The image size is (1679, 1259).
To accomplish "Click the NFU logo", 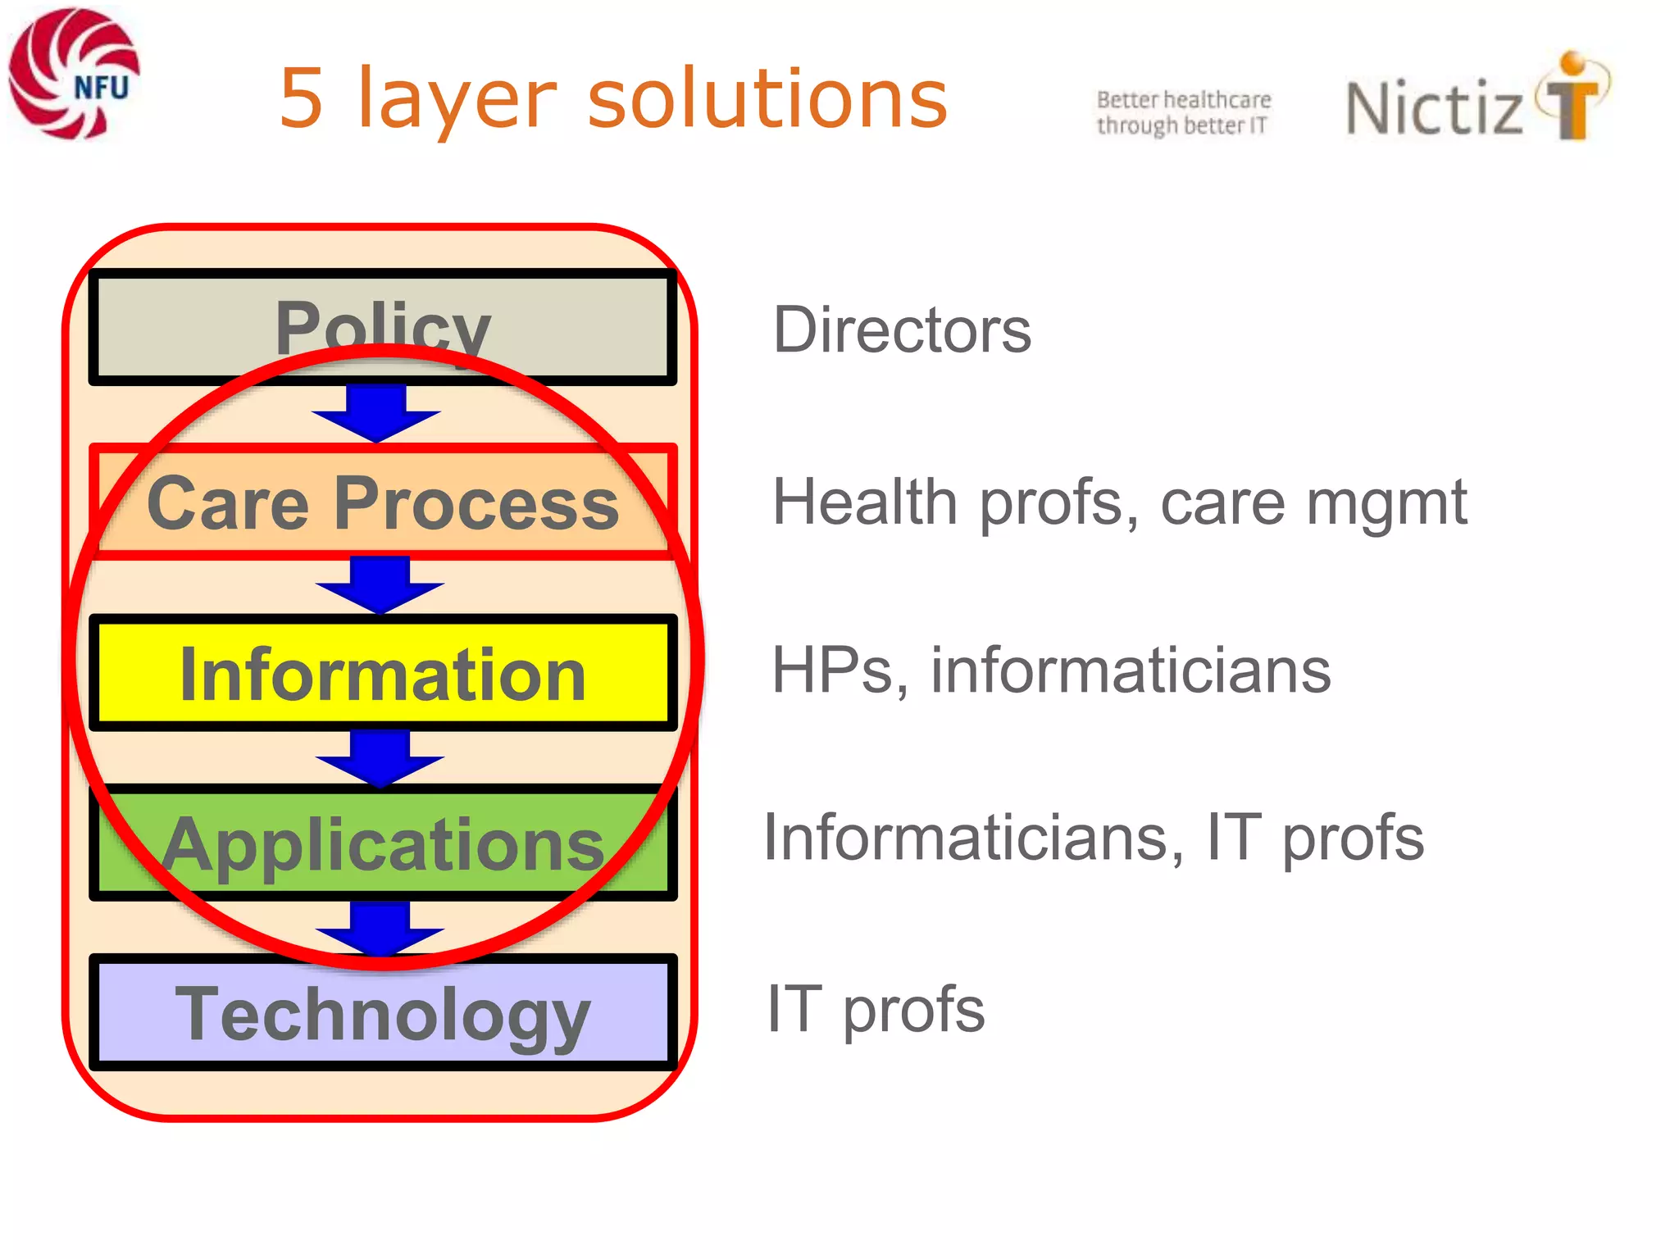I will click(74, 74).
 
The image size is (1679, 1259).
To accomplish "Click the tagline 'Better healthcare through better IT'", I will click(1183, 112).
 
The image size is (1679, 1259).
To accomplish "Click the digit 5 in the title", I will click(301, 98).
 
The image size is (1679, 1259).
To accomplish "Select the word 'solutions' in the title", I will click(767, 98).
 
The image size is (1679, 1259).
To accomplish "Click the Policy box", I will click(382, 326).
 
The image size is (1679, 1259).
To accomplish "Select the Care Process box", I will click(382, 502).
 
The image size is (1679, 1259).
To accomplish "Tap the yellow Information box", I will click(382, 673).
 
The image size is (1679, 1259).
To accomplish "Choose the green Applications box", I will click(382, 843).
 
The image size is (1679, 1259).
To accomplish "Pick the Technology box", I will click(382, 1013).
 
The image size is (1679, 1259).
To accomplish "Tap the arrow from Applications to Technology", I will click(380, 928).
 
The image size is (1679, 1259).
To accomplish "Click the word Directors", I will click(902, 330).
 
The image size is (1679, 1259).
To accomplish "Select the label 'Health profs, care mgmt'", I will click(1119, 502).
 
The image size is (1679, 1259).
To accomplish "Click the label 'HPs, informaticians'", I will click(1051, 670).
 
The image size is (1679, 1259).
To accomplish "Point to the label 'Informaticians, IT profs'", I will click(1094, 838).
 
